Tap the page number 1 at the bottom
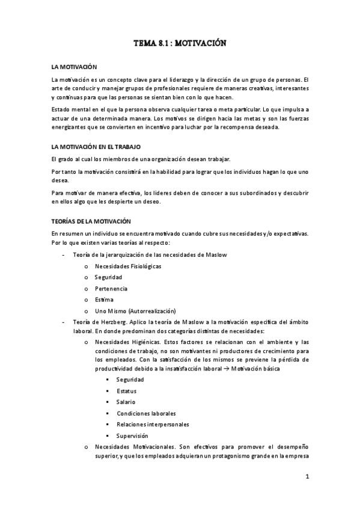pyautogui.click(x=307, y=478)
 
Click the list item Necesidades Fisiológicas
pyautogui.click(x=127, y=266)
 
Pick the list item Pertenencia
pyautogui.click(x=111, y=288)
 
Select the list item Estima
pyautogui.click(x=104, y=300)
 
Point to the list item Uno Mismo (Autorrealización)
pyautogui.click(x=135, y=311)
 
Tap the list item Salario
pyautogui.click(x=126, y=402)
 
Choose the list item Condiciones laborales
pyautogui.click(x=146, y=413)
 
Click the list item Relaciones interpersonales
pyautogui.click(x=152, y=425)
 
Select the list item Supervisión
pyautogui.click(x=132, y=435)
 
